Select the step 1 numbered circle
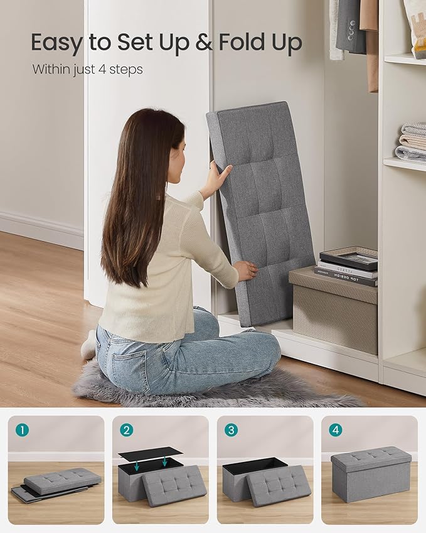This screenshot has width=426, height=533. pyautogui.click(x=23, y=430)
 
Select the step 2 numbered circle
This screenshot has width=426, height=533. pyautogui.click(x=127, y=430)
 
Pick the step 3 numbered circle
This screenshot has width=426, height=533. pyautogui.click(x=232, y=430)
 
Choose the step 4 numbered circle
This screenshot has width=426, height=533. pyautogui.click(x=336, y=430)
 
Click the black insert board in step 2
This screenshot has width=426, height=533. pyautogui.click(x=150, y=453)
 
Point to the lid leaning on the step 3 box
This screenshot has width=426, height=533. pyautogui.click(x=278, y=486)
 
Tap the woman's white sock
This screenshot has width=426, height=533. pyautogui.click(x=88, y=345)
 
